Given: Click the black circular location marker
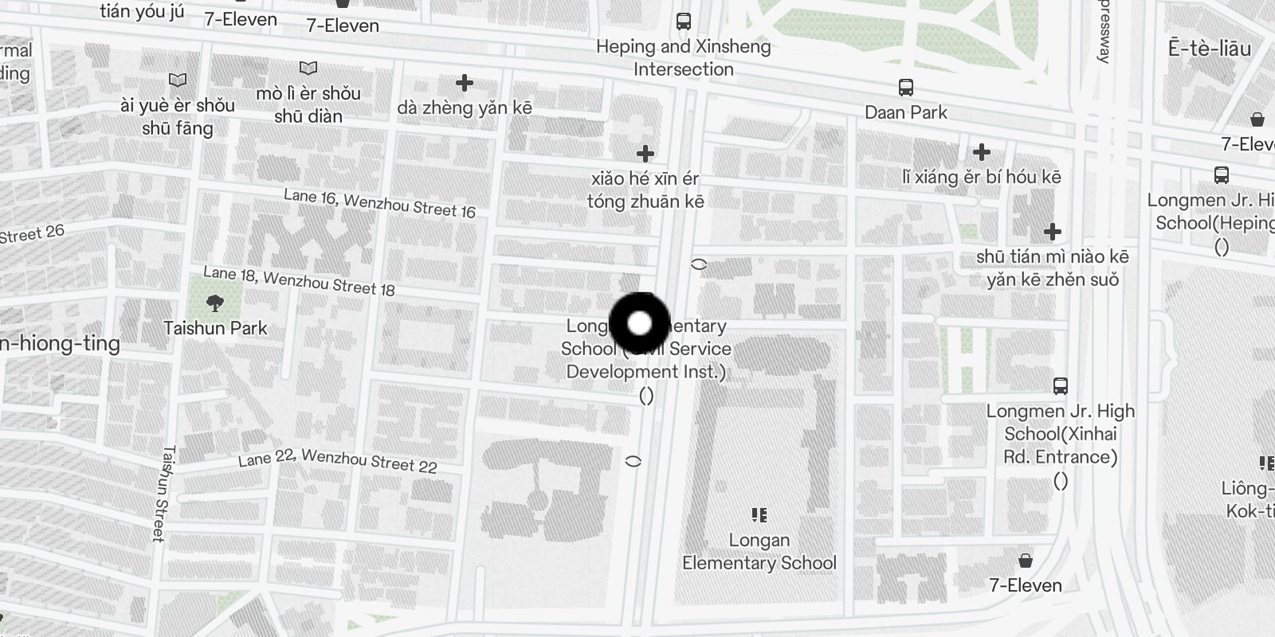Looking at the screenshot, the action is (x=639, y=323).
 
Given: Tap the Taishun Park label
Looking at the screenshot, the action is (x=215, y=328).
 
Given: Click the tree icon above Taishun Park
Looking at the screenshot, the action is (x=214, y=303).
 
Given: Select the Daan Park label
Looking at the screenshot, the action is (x=906, y=112).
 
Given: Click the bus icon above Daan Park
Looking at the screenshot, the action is (x=906, y=87).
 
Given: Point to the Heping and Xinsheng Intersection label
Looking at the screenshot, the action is (x=684, y=57).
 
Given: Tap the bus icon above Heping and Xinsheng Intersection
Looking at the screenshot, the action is (x=684, y=21).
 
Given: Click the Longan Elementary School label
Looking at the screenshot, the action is (x=759, y=551).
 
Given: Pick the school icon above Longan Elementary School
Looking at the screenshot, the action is (x=759, y=515).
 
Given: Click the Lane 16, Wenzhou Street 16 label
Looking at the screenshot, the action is (x=379, y=204).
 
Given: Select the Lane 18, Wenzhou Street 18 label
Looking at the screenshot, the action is (x=299, y=281).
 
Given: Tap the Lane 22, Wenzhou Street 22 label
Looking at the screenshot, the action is (x=338, y=460).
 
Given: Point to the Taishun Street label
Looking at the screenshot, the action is (x=163, y=494).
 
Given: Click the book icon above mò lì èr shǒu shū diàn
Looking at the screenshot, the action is (x=308, y=68).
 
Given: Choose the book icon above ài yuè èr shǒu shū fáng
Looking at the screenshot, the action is (x=178, y=80).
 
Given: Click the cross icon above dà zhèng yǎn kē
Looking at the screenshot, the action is (x=465, y=82).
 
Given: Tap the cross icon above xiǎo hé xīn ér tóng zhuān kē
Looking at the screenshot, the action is (x=645, y=153).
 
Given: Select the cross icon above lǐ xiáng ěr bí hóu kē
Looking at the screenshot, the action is (x=982, y=151).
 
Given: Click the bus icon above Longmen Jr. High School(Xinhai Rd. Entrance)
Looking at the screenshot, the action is (x=1060, y=386).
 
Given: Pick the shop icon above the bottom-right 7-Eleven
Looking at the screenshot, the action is (x=1026, y=560).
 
